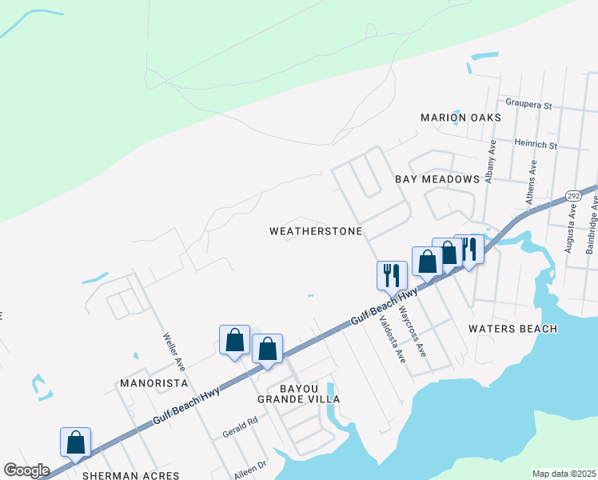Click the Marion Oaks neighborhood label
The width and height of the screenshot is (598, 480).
point(460,118)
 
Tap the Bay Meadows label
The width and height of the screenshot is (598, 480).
point(437,179)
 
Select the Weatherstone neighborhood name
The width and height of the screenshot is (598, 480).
point(316,231)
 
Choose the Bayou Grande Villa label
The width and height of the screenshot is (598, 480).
point(298,393)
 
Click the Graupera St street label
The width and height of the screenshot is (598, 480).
point(528,105)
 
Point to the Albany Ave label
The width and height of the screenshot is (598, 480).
point(492,162)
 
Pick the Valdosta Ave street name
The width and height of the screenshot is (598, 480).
point(393,339)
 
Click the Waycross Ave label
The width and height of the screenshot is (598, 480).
point(413,330)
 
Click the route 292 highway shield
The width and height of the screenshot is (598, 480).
point(572,196)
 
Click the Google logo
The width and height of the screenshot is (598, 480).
point(26,470)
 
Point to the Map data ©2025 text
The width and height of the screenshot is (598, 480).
point(564,474)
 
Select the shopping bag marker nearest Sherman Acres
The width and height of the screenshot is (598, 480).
point(76,442)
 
